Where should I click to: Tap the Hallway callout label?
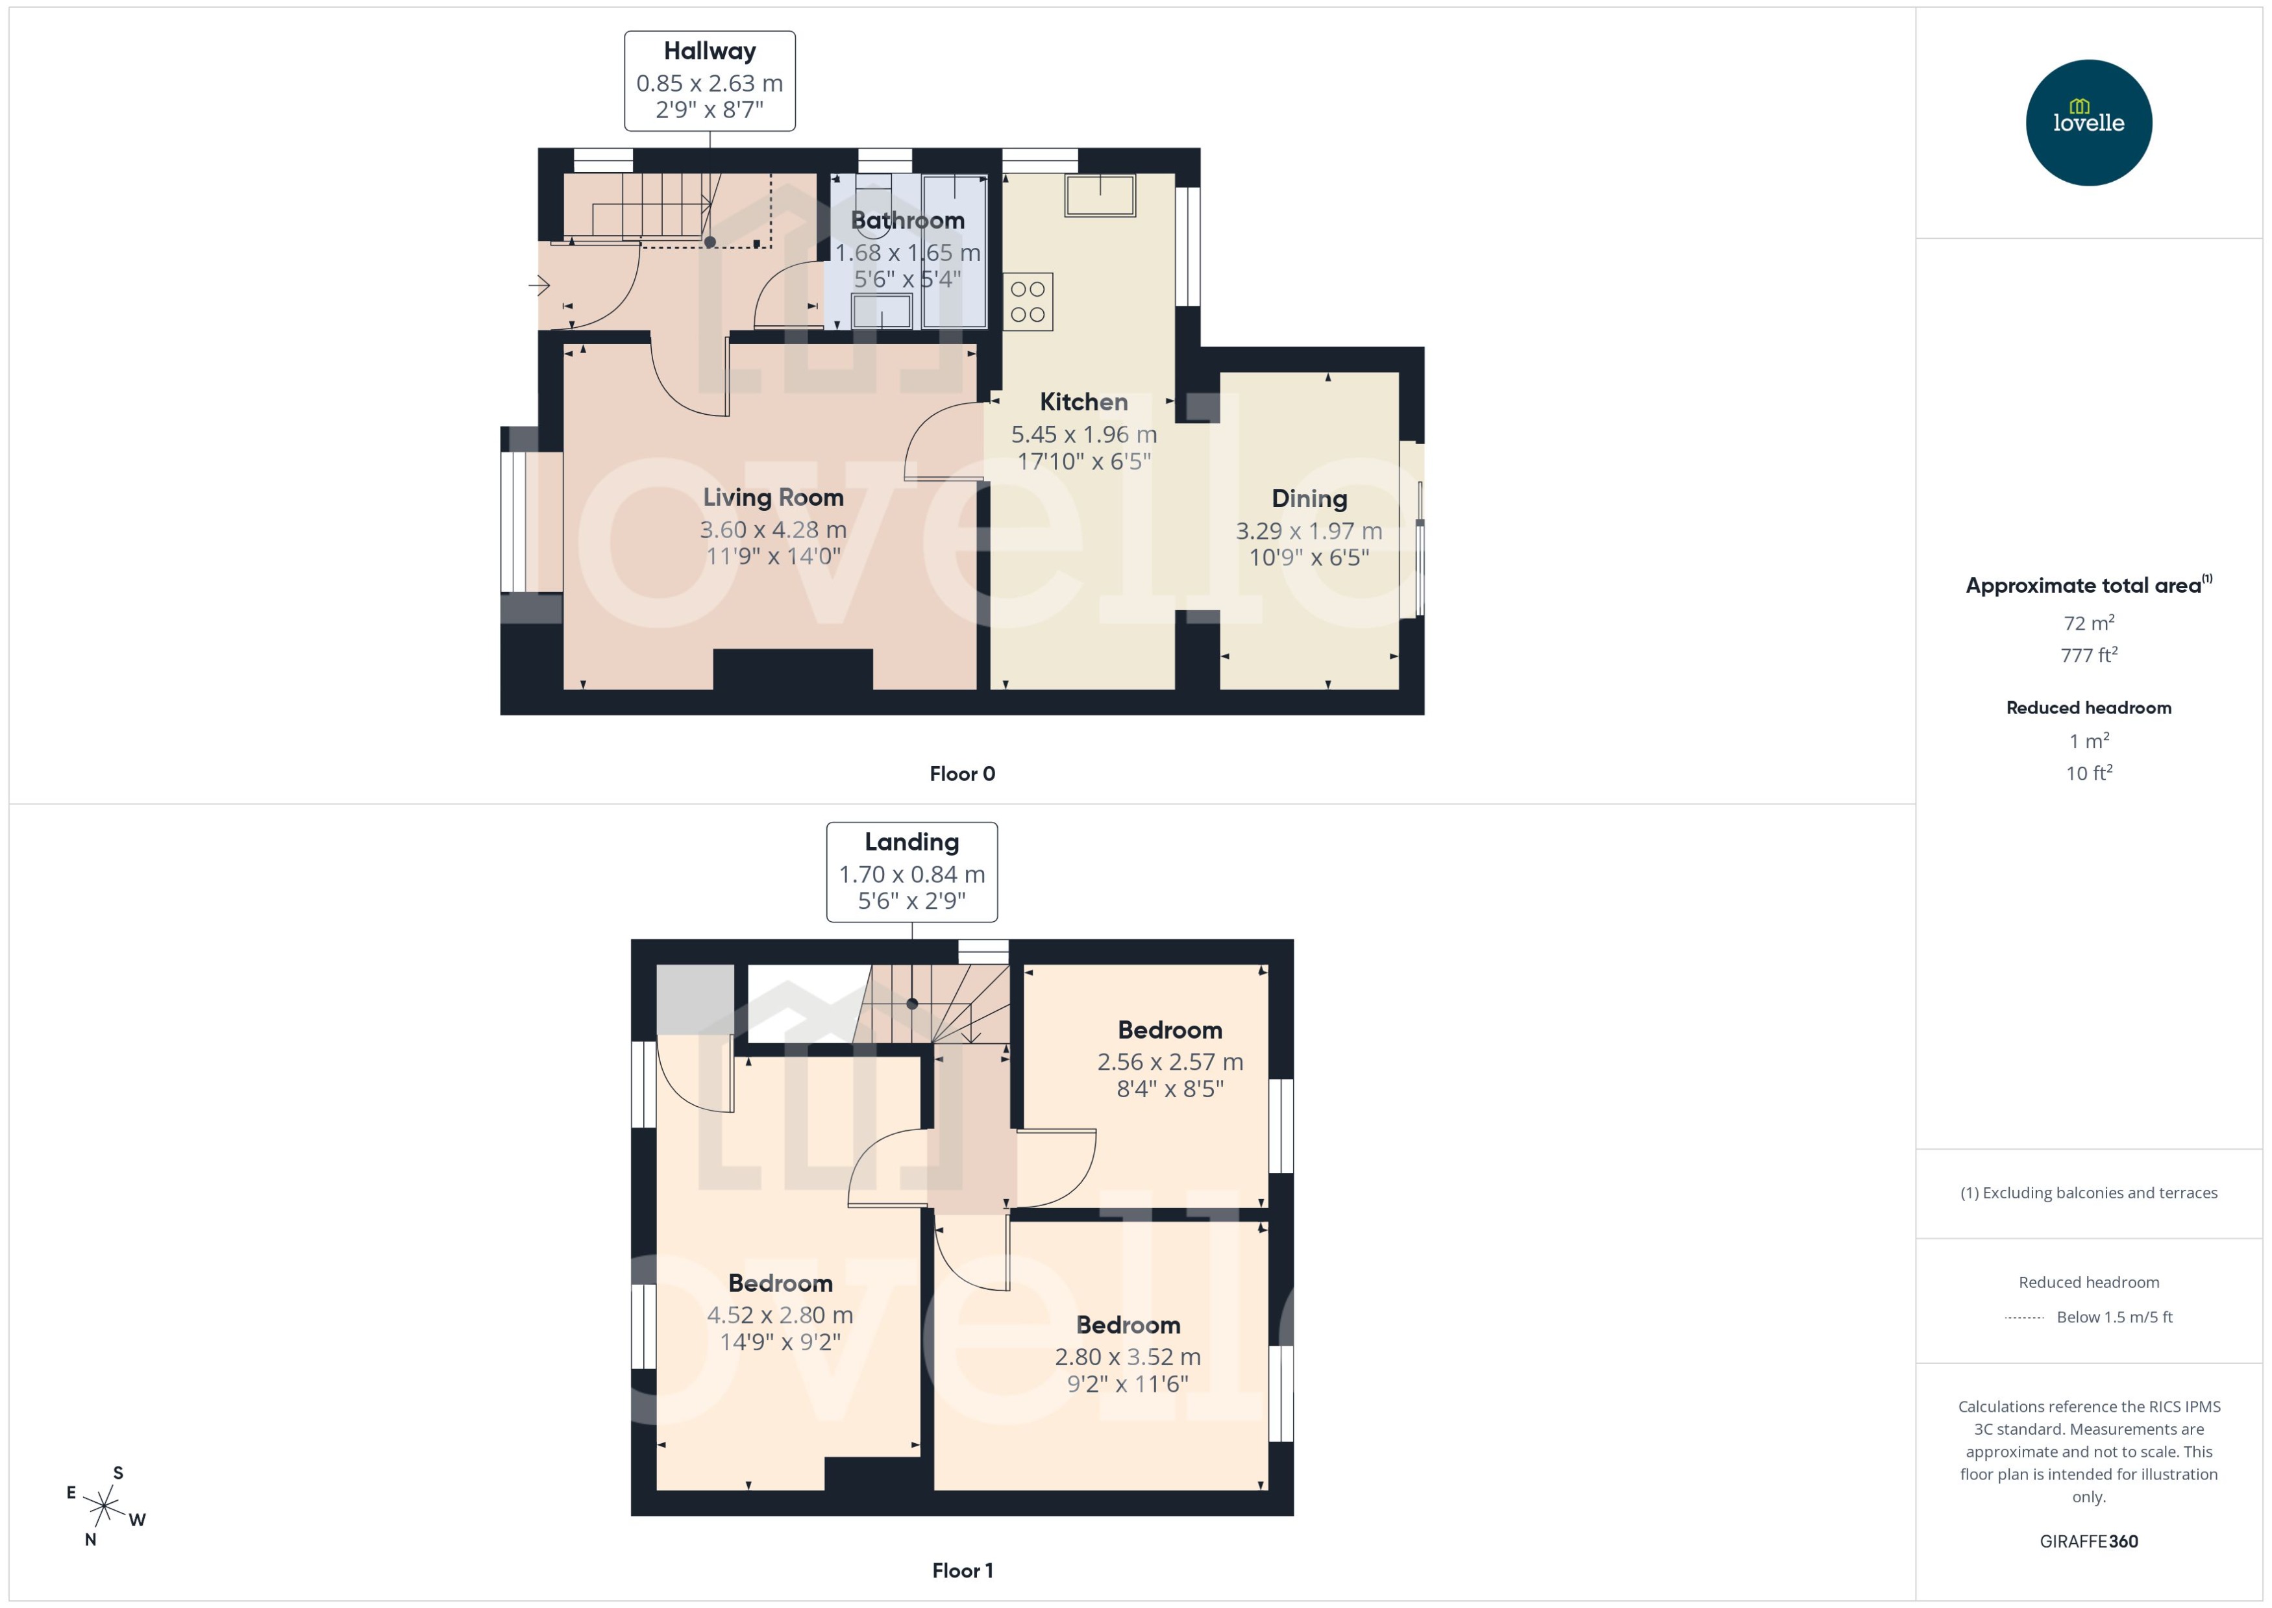point(709,80)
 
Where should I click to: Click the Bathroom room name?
point(907,221)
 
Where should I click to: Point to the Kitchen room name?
point(1083,402)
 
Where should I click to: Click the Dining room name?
point(1309,499)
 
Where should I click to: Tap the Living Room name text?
point(772,497)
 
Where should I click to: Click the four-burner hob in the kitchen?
point(1028,302)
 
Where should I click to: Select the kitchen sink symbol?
point(1099,195)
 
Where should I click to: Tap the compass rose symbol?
point(104,1507)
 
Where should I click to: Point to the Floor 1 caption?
point(961,1570)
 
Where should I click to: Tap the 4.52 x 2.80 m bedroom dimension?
point(779,1315)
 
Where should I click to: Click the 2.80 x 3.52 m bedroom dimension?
point(1127,1357)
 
